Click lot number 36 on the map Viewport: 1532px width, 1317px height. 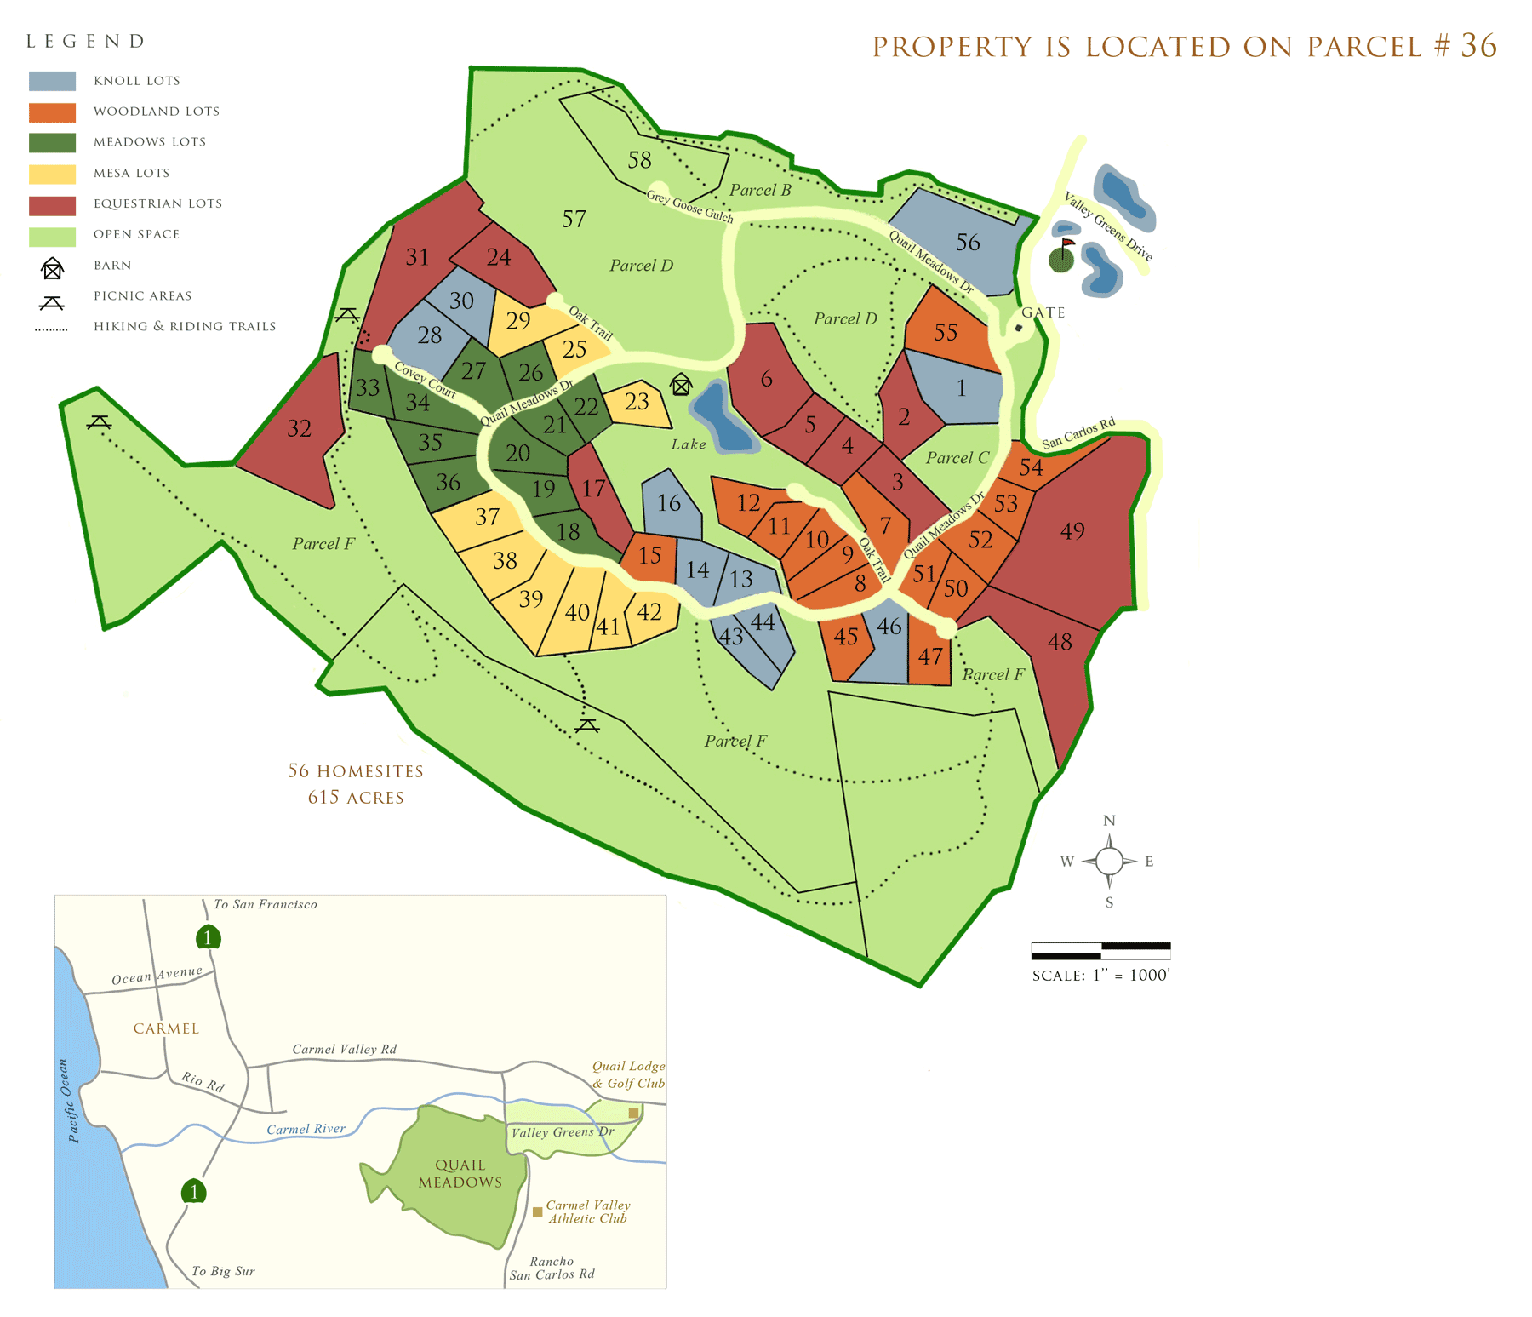click(449, 483)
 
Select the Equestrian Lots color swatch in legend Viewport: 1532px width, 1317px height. click(52, 205)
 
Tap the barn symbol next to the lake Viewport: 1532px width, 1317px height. click(681, 385)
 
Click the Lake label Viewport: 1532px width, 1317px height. click(688, 444)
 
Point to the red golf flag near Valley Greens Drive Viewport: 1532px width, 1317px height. click(1067, 243)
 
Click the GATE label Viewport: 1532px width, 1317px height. click(1043, 312)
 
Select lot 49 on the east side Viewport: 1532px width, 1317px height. click(1072, 531)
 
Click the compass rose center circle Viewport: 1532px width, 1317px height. click(1109, 862)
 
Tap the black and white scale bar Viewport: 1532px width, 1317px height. click(1100, 950)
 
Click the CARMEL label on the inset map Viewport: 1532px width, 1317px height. click(166, 1028)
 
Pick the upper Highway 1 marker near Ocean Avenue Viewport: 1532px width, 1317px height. click(208, 937)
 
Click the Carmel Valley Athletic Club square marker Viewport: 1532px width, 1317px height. click(537, 1211)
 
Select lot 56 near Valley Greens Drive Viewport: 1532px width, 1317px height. click(968, 243)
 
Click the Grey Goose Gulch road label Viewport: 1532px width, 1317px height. click(689, 206)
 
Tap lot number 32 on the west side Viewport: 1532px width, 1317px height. click(299, 428)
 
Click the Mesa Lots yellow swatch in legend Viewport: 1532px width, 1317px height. click(52, 174)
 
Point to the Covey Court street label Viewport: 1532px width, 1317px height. click(426, 381)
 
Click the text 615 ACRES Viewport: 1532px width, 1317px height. click(356, 798)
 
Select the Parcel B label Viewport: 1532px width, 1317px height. click(760, 190)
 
